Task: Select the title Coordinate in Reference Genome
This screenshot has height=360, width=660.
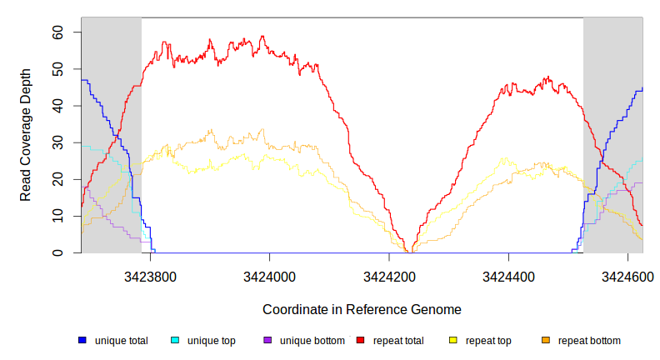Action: [x=362, y=309]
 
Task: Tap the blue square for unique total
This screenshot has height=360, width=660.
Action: [x=82, y=341]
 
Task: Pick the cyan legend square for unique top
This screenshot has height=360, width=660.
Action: [x=175, y=341]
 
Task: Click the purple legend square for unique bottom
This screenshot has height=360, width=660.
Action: [x=267, y=341]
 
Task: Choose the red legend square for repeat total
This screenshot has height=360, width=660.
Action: [x=360, y=341]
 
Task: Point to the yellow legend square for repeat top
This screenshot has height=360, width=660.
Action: [x=453, y=341]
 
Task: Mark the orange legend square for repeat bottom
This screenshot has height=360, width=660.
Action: [x=546, y=341]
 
